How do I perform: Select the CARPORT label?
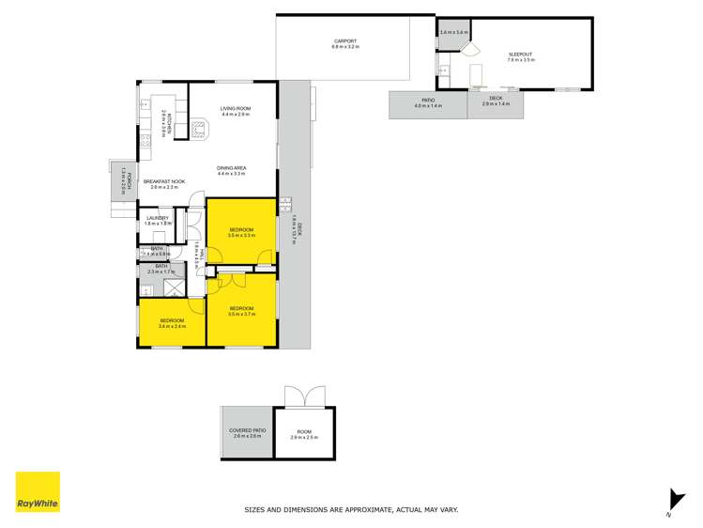(x=345, y=41)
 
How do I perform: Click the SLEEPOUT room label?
(x=521, y=54)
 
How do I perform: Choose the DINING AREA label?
(x=231, y=168)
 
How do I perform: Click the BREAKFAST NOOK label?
(x=164, y=181)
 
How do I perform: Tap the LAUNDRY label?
(x=158, y=218)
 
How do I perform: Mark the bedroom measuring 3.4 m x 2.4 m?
(x=172, y=327)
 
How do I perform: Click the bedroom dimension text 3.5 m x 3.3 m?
(x=242, y=236)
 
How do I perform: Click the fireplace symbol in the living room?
(x=201, y=129)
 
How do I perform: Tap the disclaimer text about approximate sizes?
(x=351, y=509)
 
